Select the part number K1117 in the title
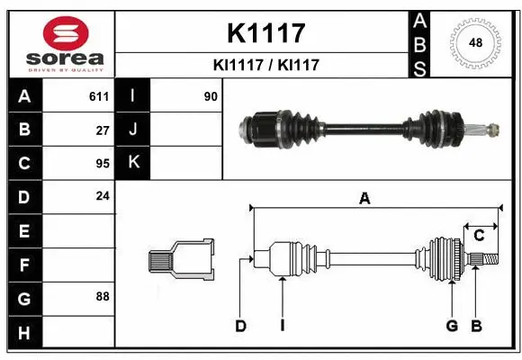coord(265,33)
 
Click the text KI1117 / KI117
coord(265,65)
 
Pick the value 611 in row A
coord(98,95)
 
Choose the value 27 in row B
coord(102,130)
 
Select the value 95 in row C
coord(102,164)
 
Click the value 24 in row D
coord(102,194)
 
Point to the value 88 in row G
coord(102,296)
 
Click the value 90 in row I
coord(211,95)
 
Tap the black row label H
coord(24,332)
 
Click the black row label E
coord(24,230)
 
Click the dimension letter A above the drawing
coord(364,200)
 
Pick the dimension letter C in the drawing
coord(480,236)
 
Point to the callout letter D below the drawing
coord(240,326)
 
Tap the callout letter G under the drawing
coord(452,326)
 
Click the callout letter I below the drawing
coord(282,326)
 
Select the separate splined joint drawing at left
coord(181,260)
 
